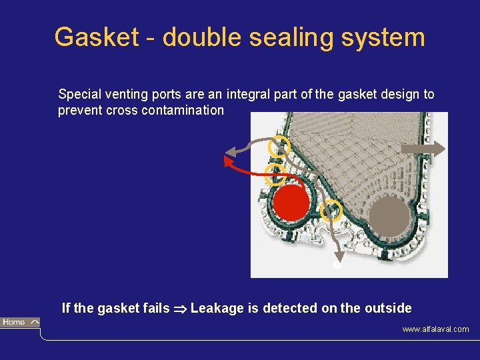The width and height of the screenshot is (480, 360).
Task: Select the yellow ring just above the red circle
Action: pos(275,175)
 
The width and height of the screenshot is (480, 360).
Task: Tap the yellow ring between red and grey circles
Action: pos(331,211)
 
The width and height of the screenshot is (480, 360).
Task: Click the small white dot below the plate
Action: pos(337,265)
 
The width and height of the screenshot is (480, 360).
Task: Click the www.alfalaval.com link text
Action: pos(435,329)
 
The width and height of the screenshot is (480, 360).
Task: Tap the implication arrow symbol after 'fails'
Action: pos(180,309)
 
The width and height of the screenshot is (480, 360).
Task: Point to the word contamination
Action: pos(183,111)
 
